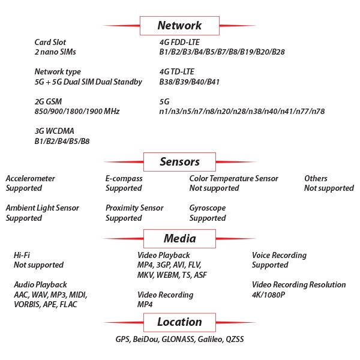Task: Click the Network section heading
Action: tap(179, 25)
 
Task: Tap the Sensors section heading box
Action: tap(179, 162)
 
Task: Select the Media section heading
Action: tap(179, 239)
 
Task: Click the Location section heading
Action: tap(179, 322)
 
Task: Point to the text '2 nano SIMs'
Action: tap(55, 52)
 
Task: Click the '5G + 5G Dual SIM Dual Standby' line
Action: tap(88, 82)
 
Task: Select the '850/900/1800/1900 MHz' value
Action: tap(77, 112)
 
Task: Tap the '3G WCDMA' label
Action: tap(54, 131)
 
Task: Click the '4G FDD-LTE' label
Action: tap(179, 42)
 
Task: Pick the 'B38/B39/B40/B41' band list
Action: tap(189, 82)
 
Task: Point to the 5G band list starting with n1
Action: tap(242, 112)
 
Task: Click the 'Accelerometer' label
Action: tap(31, 178)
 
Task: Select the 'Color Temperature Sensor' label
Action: tap(233, 178)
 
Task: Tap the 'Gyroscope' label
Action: tap(208, 208)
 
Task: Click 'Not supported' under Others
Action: tap(329, 188)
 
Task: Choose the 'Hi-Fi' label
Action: tap(22, 255)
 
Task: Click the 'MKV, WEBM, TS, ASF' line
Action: tap(172, 275)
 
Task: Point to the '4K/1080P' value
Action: tap(268, 295)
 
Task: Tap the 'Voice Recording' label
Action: tap(279, 256)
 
